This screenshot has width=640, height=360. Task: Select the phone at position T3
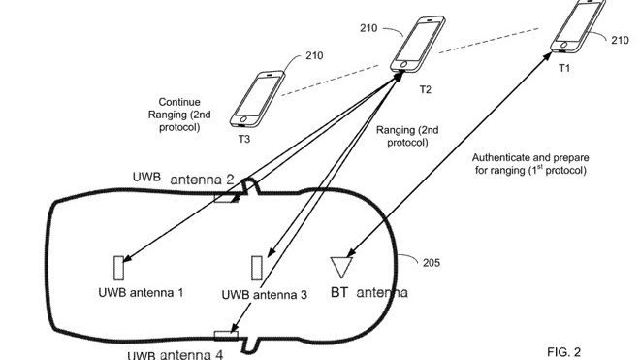coord(256,98)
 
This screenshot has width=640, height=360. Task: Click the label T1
coord(565,68)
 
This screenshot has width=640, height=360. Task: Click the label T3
coord(244,140)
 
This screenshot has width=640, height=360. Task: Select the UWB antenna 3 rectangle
coord(258,268)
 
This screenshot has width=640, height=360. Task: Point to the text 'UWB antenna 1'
coord(141,292)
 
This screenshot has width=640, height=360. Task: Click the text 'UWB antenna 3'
coord(265,295)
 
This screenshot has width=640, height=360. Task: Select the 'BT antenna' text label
coord(369,291)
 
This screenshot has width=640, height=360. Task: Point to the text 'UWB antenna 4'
coord(175,353)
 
